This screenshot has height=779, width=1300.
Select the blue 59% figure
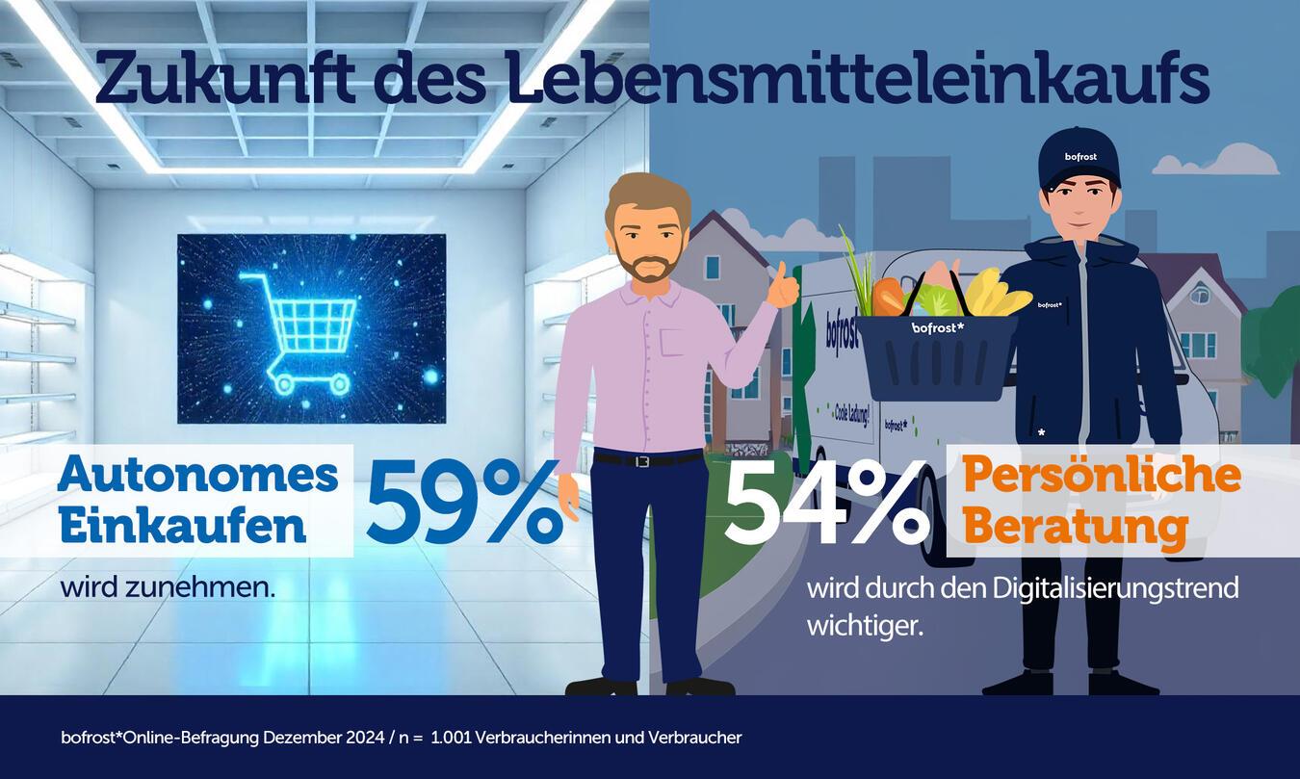coord(463,504)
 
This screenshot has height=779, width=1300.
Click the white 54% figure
coord(825,504)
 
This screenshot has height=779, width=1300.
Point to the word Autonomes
coord(198,475)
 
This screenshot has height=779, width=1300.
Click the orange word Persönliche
coord(1102,475)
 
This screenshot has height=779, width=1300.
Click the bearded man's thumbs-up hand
coord(784,286)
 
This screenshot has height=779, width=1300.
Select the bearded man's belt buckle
coord(642,460)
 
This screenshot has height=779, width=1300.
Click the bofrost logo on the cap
coord(1080,156)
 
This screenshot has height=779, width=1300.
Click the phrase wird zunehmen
coord(168,586)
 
